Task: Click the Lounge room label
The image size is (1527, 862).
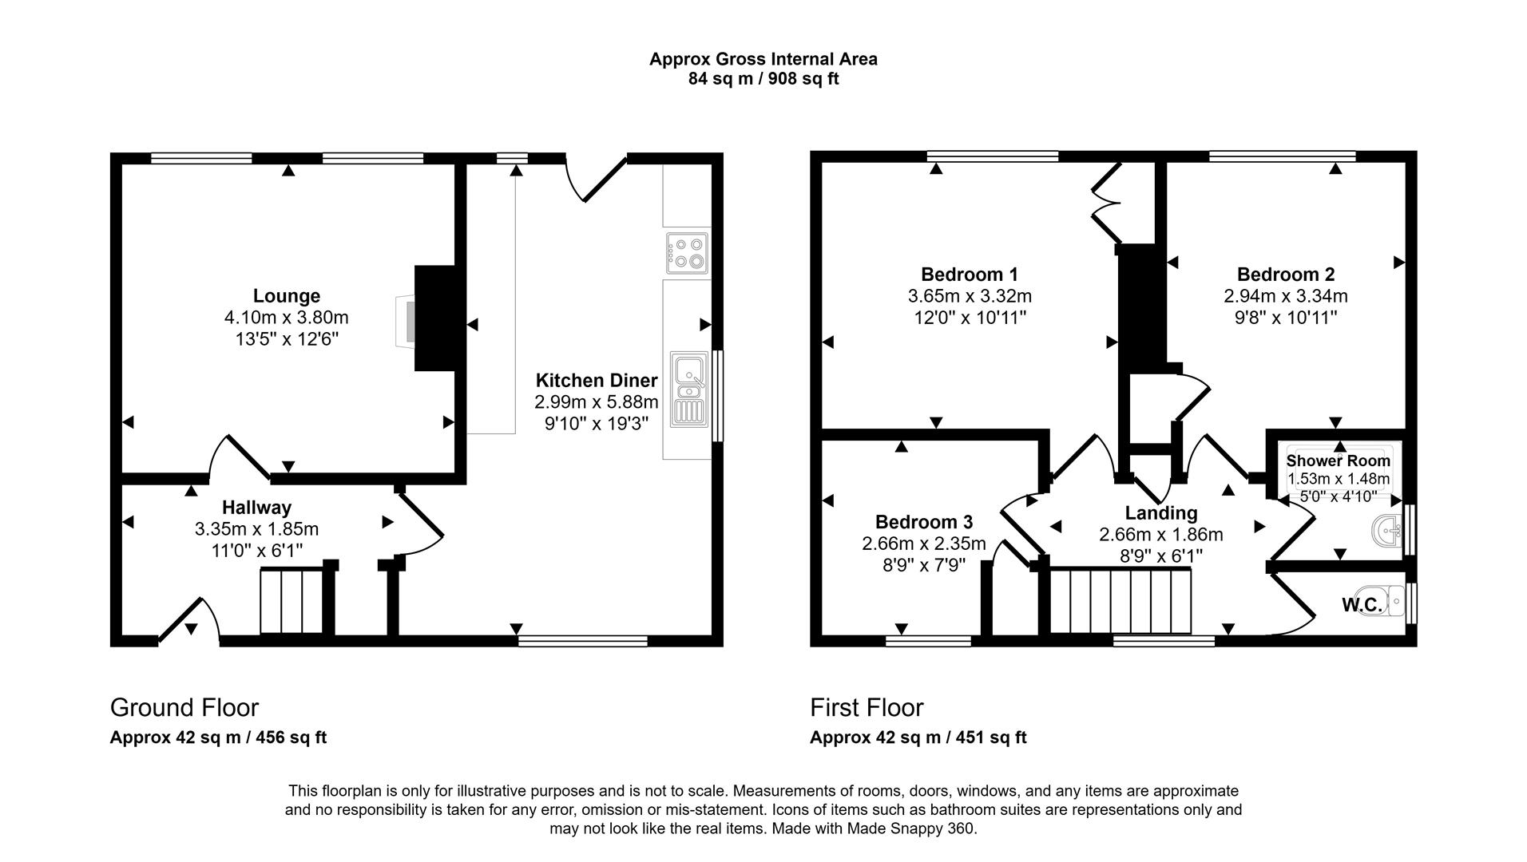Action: tap(287, 296)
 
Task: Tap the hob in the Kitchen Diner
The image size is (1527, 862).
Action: tap(686, 252)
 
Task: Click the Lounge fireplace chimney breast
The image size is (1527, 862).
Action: tap(434, 318)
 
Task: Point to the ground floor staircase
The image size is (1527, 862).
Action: tap(292, 600)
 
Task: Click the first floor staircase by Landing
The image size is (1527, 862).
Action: tap(1120, 601)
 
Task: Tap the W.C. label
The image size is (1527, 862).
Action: tap(1362, 606)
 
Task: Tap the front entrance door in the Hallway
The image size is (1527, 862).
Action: tap(190, 621)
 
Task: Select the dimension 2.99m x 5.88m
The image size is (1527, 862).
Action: tap(597, 401)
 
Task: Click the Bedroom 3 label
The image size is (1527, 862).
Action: tap(924, 522)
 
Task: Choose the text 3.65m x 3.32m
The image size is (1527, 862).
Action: tap(970, 296)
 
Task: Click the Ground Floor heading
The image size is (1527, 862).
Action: tap(184, 708)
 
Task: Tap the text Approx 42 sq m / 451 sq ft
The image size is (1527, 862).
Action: tap(918, 737)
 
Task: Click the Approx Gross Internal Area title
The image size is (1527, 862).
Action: tap(763, 59)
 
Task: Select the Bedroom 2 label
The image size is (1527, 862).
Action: tap(1286, 275)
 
